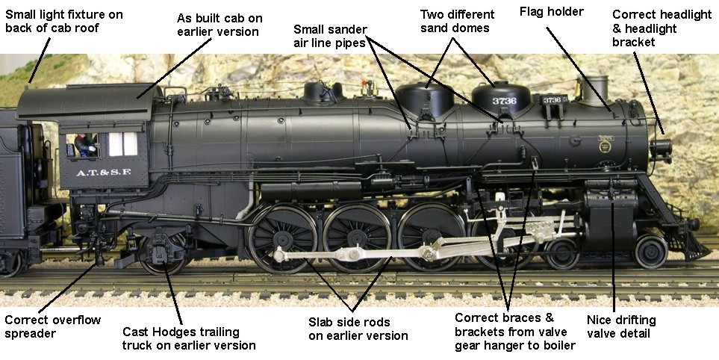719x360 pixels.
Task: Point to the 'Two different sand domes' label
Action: [x=457, y=22]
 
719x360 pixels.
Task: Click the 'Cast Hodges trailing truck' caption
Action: [x=189, y=338]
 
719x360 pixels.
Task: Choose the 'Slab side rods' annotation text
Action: [x=348, y=329]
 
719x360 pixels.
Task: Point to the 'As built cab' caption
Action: [x=217, y=25]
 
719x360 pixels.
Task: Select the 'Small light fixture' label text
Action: [x=64, y=22]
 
